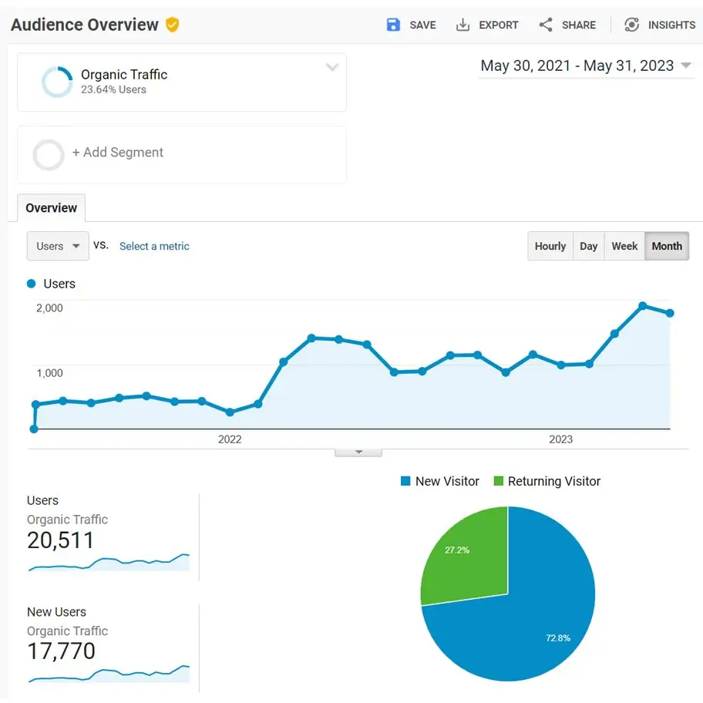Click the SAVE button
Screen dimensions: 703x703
(411, 25)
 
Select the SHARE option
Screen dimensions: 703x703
(567, 25)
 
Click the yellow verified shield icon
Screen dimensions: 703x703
(173, 25)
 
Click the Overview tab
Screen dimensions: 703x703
(51, 208)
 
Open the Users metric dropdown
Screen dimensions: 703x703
(58, 246)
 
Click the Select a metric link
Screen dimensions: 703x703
(154, 246)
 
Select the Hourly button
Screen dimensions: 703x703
(550, 246)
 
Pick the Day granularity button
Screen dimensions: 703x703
(589, 246)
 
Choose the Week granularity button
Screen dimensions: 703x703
(624, 246)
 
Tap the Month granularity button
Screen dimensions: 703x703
(667, 246)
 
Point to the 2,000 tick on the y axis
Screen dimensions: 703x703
(49, 308)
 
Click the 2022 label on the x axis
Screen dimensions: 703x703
(230, 439)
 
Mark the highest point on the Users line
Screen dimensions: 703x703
(643, 306)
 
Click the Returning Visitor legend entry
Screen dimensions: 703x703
(547, 481)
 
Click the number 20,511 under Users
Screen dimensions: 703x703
(60, 540)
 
